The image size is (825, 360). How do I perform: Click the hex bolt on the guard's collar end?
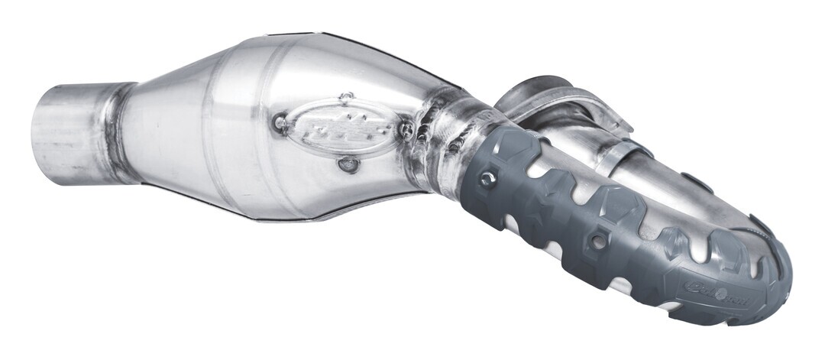pos(484,180)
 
